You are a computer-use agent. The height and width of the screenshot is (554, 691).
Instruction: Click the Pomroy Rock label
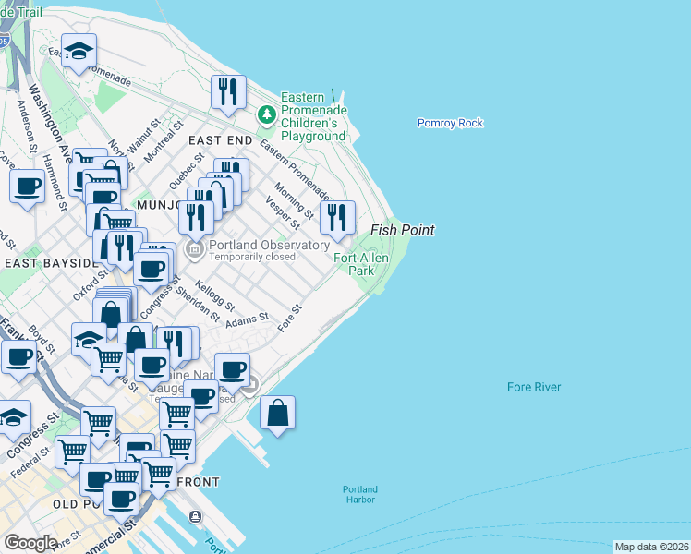tap(450, 123)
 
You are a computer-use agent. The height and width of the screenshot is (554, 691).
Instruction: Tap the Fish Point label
tap(402, 230)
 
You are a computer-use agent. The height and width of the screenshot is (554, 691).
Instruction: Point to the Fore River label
tap(534, 387)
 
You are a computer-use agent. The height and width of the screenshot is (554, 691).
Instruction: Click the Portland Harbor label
tap(359, 494)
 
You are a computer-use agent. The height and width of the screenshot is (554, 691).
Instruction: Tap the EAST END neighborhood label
tap(220, 139)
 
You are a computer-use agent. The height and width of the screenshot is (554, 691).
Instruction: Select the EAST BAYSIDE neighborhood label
tap(50, 263)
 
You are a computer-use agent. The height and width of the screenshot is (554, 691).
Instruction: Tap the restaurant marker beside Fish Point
tap(337, 219)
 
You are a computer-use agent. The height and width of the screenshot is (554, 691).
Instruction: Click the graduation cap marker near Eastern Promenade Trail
tap(79, 53)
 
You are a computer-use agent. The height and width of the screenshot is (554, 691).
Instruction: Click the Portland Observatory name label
tap(269, 245)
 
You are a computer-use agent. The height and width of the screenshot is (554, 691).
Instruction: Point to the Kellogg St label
tap(215, 296)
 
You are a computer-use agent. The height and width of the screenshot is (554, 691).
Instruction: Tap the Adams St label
tap(247, 319)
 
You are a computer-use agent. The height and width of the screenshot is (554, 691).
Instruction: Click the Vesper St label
tap(283, 211)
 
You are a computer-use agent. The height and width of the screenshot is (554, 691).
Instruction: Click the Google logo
tap(30, 543)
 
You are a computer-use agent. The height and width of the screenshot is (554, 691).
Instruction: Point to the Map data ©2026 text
tap(651, 547)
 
